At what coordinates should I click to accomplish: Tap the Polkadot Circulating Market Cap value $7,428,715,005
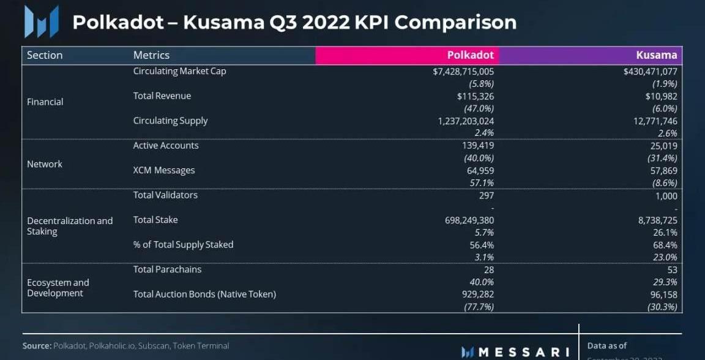(x=463, y=72)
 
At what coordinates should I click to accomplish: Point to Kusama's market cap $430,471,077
(x=650, y=72)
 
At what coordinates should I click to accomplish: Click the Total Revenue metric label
(x=162, y=96)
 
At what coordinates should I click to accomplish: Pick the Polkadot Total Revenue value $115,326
(x=475, y=96)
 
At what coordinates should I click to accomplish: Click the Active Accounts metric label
(x=166, y=146)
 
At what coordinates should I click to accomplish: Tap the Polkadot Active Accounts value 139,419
(x=476, y=146)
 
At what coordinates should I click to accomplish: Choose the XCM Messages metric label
(x=164, y=170)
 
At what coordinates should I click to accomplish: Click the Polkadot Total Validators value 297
(x=486, y=196)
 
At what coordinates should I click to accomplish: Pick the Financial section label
(x=45, y=102)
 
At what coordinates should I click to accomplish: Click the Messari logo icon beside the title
(x=41, y=22)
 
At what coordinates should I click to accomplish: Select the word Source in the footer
(x=37, y=346)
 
